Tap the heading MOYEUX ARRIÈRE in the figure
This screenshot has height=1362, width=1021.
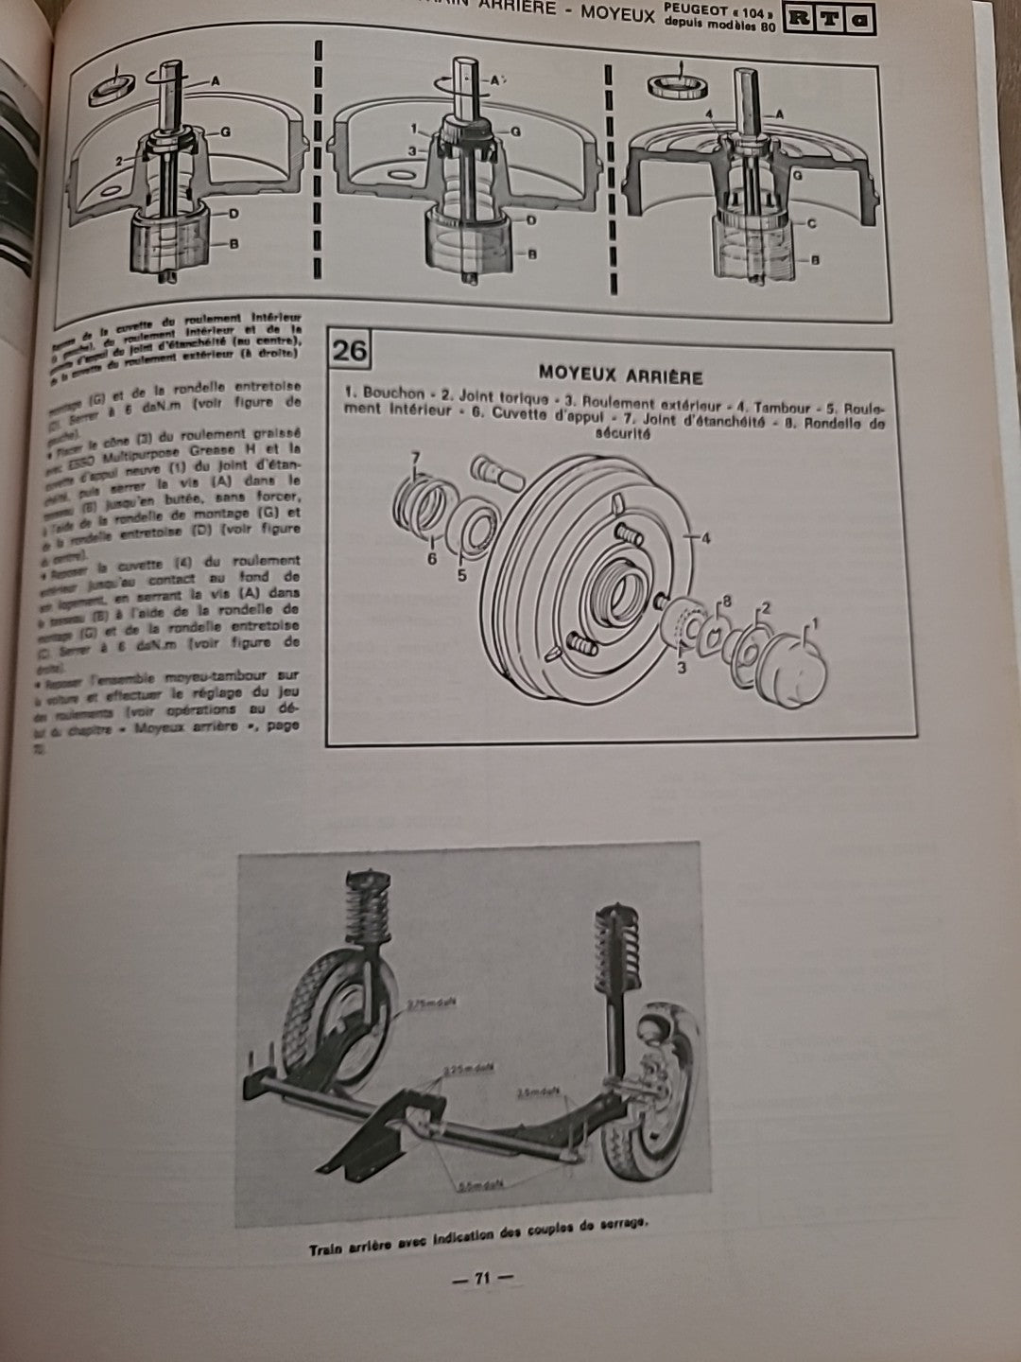click(619, 377)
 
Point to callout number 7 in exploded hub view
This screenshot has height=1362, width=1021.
click(414, 459)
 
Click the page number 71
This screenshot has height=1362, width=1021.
click(480, 1279)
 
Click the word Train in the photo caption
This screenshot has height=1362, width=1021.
click(328, 1250)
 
